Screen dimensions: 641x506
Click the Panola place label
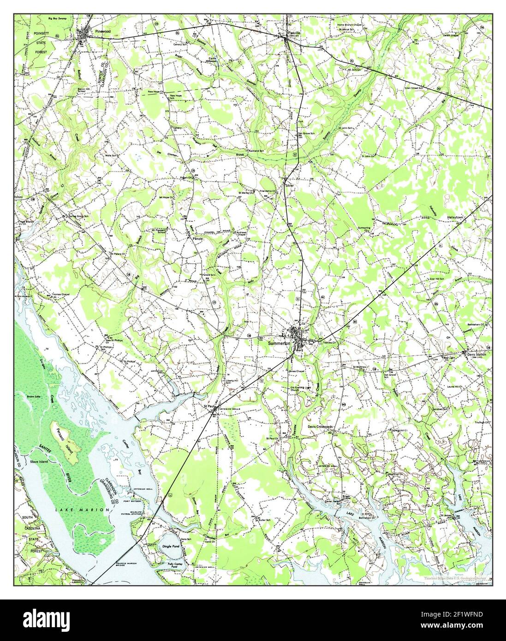(198, 239)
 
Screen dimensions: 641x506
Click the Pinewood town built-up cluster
(83, 33)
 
